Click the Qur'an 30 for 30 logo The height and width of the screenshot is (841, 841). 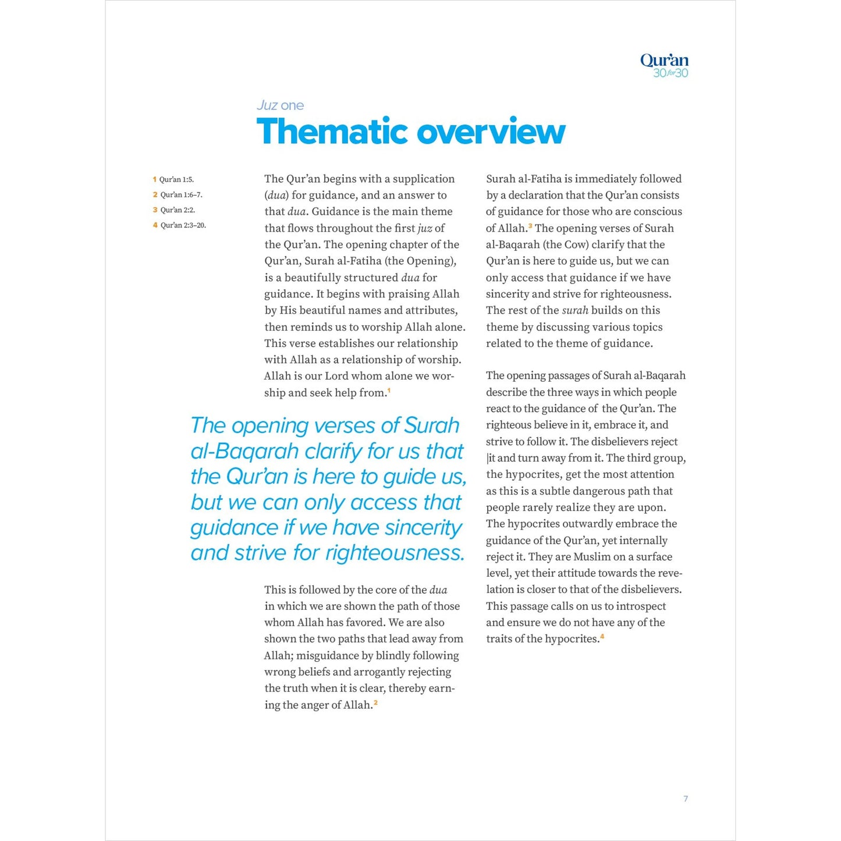664,65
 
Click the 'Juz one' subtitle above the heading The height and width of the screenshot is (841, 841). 280,105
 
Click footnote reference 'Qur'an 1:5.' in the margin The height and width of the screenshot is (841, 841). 176,180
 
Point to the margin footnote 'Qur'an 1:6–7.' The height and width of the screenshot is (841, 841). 181,195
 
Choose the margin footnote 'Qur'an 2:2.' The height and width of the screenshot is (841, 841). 178,210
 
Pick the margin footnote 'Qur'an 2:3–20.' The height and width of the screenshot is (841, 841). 183,225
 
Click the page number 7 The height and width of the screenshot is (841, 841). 686,799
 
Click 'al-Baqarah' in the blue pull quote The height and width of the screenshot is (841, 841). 244,452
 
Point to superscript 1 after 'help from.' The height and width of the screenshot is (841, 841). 389,391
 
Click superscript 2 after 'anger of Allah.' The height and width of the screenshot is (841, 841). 375,702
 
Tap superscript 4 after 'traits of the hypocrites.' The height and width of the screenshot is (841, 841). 602,636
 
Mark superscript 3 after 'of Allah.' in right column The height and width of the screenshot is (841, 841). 530,226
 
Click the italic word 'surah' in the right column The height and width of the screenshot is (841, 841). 575,310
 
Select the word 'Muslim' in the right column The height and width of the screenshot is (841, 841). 592,556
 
